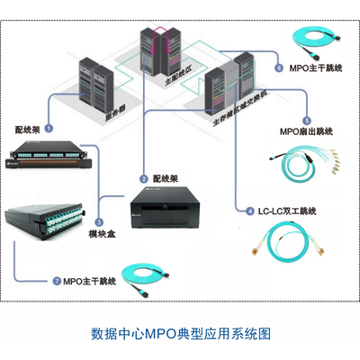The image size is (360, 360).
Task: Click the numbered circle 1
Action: [49, 130]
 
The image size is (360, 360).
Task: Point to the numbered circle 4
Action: [250, 211]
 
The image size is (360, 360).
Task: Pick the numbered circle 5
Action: [308, 121]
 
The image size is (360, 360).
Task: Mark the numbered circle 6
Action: [279, 67]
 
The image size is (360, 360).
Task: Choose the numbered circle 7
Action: [57, 282]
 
